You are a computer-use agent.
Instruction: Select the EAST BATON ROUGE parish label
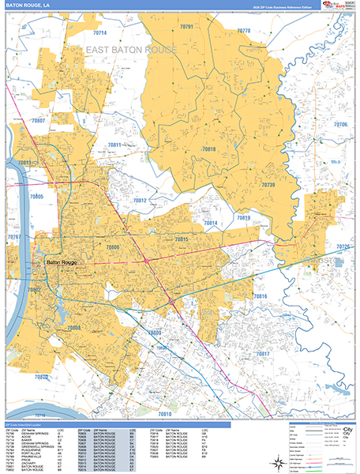point(131,50)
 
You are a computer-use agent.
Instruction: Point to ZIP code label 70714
point(99,33)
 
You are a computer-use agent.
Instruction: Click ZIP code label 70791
point(187,27)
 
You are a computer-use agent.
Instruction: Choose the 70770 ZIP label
point(243,31)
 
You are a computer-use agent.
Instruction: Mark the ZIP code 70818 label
point(208,149)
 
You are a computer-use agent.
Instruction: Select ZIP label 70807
point(38,121)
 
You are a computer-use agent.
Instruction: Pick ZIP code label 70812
point(139,201)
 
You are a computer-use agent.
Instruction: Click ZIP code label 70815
point(182,239)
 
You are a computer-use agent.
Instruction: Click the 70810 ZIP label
point(164,413)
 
